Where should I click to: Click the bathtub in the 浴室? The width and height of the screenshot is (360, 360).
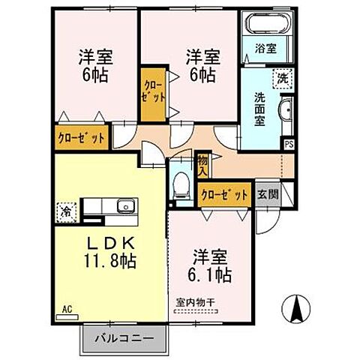coord(263,28)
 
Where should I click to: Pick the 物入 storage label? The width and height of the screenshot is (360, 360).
coord(202,164)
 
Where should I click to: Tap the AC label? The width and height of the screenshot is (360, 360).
coord(66,308)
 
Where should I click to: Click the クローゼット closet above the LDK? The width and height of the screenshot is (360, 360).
coord(80,139)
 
